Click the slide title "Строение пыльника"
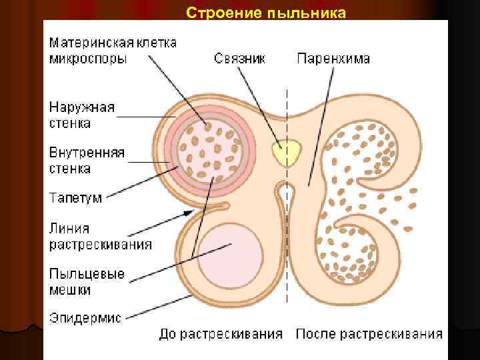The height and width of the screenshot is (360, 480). coord(266,13)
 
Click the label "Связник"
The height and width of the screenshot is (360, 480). coord(239,59)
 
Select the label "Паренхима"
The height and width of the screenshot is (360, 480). coord(333,59)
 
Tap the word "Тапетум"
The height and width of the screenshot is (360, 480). coord(77,198)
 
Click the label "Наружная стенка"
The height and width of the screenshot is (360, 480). coord(81,115)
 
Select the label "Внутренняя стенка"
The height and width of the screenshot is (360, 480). coord(87,161)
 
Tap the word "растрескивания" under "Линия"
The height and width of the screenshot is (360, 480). coord(100,245)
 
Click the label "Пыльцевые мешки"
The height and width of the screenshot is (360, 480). coord(87,282)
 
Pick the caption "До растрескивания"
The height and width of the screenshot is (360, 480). coord(221,334)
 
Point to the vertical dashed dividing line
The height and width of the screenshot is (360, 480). coord(287,267)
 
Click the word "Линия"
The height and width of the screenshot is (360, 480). coord(69,229)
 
